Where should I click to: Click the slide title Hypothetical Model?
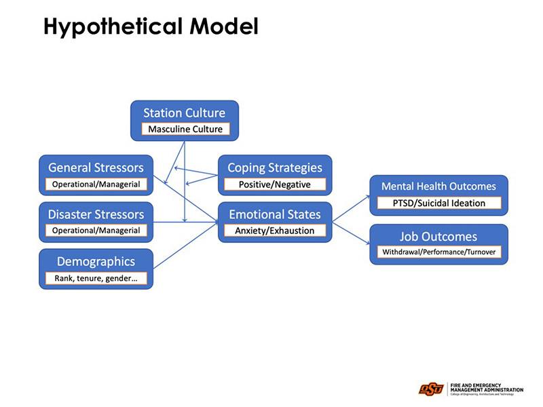point(151,26)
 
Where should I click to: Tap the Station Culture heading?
point(184,113)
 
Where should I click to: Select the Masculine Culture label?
point(185,129)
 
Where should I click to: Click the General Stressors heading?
point(96,168)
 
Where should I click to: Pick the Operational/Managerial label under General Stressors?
point(96,184)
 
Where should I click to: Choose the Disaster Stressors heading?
point(96,214)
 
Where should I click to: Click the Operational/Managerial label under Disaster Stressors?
point(96,231)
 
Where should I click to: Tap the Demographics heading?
point(96,261)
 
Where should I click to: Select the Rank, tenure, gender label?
point(96,278)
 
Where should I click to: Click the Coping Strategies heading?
point(275,168)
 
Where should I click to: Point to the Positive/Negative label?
point(275,184)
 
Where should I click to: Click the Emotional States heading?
point(275,214)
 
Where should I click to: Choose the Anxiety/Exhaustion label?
point(275,231)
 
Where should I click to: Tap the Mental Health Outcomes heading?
point(438,186)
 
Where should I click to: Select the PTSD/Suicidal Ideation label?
point(438,203)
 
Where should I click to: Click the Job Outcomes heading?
point(438,236)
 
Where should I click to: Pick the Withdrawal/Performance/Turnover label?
point(438,252)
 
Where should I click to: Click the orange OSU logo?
point(431,389)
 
